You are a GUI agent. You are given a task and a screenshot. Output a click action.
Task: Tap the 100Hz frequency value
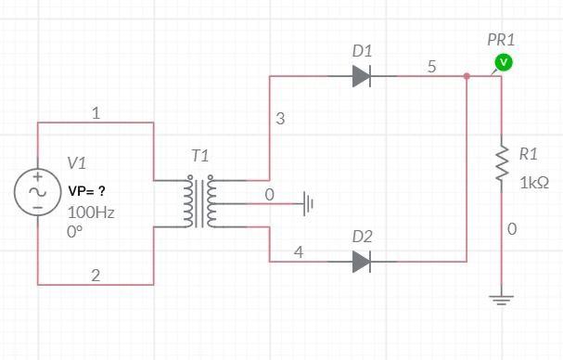[91, 212]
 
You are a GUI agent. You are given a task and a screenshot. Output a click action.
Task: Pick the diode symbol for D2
[363, 264]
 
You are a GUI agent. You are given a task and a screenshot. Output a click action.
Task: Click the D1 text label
[363, 50]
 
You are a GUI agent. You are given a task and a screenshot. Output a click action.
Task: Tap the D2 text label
[363, 238]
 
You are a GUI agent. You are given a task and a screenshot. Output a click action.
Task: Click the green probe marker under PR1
[502, 62]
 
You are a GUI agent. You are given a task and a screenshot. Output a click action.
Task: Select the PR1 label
[501, 40]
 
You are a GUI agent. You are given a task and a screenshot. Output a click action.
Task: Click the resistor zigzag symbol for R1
[502, 162]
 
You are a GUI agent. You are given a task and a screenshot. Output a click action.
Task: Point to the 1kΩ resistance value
[534, 184]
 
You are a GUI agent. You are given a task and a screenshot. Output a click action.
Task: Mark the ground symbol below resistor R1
[502, 300]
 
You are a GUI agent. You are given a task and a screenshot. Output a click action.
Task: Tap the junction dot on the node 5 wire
[467, 77]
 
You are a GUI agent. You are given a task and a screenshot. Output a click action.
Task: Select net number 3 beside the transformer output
[280, 119]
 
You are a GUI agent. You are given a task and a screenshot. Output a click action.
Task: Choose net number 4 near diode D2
[298, 251]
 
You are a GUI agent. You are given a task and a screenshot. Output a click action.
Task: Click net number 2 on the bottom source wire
[96, 274]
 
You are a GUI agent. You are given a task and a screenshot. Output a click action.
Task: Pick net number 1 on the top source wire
[96, 112]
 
